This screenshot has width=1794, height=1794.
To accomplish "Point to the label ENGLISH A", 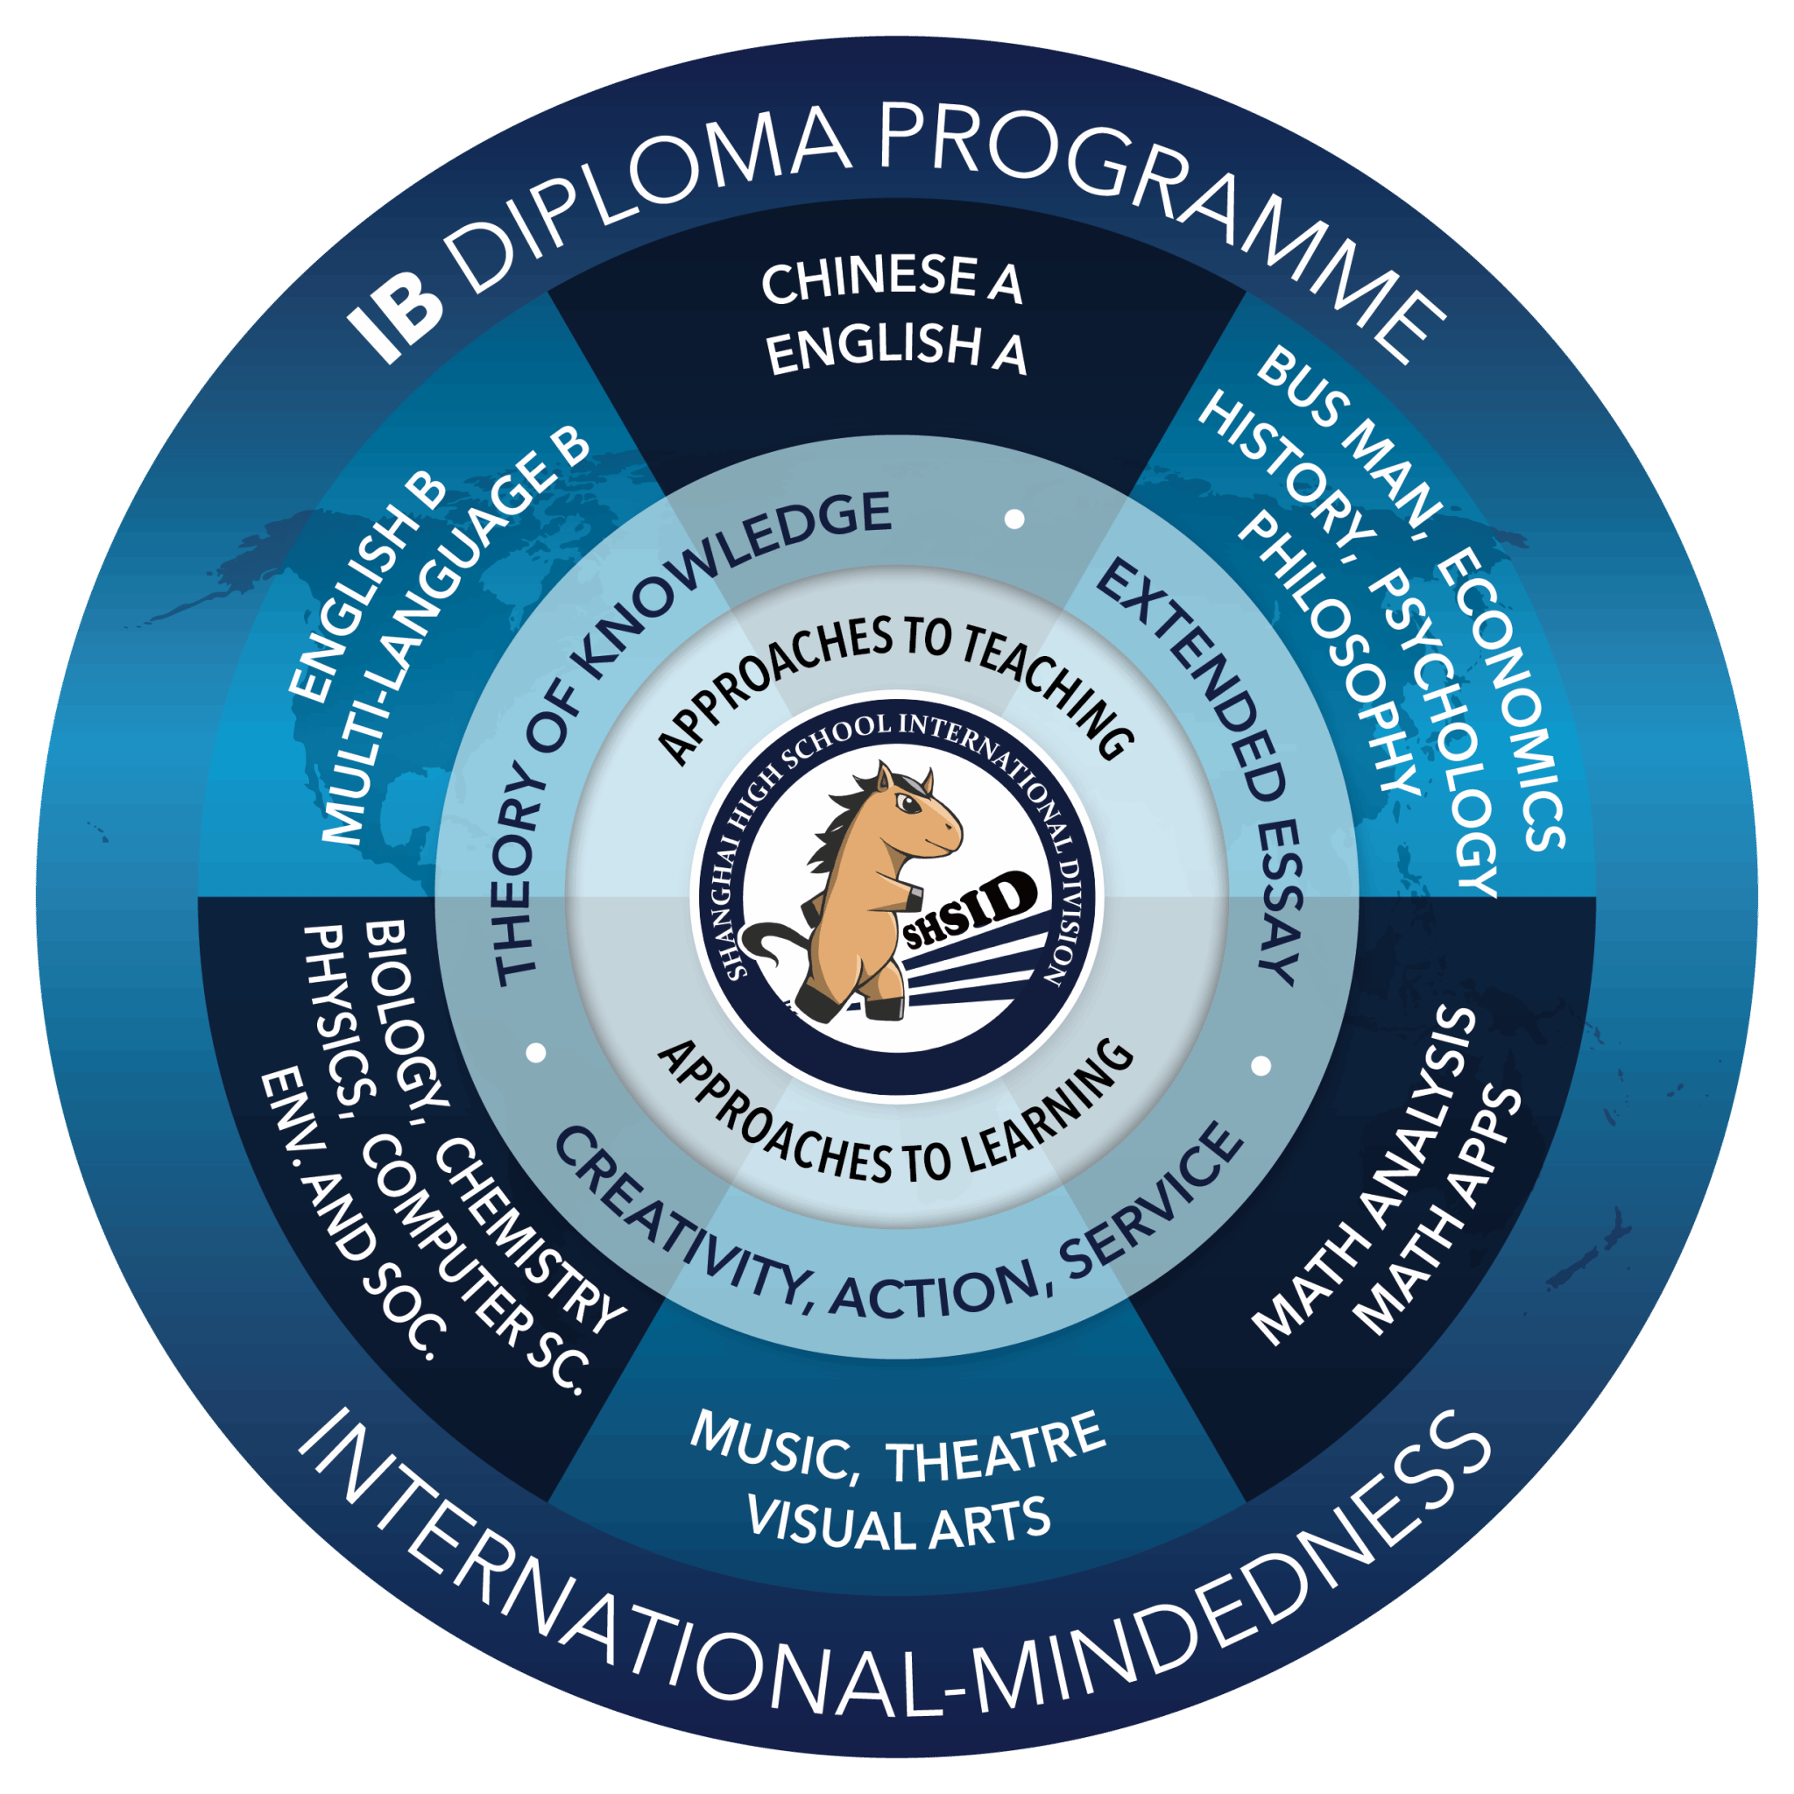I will click(x=897, y=350).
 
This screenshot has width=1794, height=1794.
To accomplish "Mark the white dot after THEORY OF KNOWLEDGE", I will click(x=1015, y=519).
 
